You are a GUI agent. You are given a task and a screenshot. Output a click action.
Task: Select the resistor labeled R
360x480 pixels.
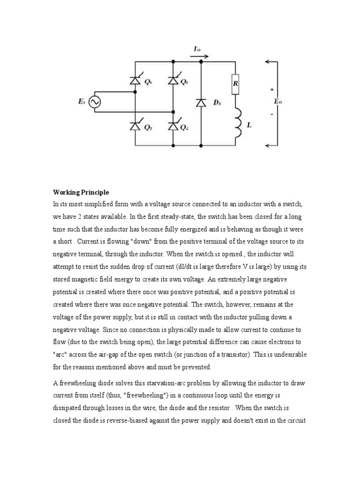235,85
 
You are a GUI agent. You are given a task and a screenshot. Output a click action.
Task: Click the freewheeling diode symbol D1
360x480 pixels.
201,102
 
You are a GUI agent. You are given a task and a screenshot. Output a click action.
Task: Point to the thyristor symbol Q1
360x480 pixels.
135,81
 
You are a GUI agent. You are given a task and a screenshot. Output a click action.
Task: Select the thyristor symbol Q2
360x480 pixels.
173,81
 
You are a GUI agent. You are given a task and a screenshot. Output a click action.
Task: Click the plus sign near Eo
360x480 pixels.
271,88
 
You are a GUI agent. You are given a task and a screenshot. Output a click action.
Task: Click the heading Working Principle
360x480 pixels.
81,193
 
